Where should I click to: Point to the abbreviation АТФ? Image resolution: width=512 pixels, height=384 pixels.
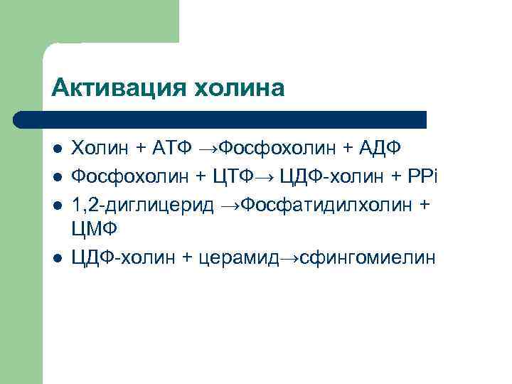[x=173, y=147]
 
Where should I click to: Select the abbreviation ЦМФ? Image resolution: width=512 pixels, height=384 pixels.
[x=95, y=230]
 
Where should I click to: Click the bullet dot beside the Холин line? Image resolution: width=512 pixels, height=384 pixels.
[x=58, y=148]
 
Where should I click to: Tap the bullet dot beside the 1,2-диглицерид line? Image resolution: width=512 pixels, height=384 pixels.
[x=58, y=204]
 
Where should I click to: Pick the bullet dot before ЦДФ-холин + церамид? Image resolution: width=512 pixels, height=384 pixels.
[x=58, y=258]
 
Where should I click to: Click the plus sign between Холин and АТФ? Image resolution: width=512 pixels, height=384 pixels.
[x=142, y=148]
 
